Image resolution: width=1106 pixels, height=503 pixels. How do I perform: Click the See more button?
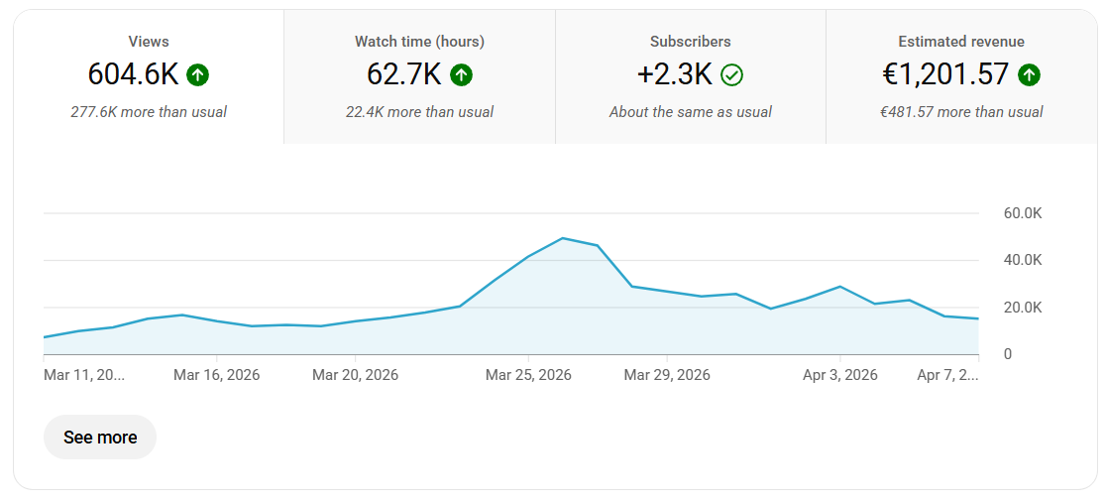(99, 438)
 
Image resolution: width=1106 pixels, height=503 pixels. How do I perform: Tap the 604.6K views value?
(134, 74)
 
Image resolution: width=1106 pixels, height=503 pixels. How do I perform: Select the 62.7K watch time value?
(404, 74)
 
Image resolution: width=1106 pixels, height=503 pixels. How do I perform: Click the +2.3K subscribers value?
(674, 74)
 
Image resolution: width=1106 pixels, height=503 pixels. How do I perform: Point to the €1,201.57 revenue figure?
(945, 74)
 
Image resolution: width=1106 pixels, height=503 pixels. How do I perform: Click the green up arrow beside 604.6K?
(197, 74)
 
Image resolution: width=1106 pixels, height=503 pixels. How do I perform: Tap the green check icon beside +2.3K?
(731, 74)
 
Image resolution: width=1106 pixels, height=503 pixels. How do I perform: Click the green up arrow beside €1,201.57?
(1029, 74)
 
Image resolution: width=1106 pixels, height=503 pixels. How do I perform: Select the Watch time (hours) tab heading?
(419, 42)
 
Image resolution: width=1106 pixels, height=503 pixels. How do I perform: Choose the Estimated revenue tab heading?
(961, 42)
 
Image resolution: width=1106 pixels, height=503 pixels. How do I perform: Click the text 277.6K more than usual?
(149, 112)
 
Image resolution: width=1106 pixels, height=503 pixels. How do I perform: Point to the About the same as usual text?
(691, 112)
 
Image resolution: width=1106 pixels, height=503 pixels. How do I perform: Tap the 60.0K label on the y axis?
(1023, 213)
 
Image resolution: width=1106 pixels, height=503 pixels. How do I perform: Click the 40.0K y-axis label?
(1023, 261)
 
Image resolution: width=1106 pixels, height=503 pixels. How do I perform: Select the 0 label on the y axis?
(1009, 354)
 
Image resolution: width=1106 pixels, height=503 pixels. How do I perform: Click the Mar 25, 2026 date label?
(528, 374)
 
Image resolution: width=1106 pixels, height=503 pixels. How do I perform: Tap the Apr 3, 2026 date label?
(840, 374)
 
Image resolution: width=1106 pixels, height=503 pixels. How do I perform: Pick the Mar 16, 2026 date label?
(217, 374)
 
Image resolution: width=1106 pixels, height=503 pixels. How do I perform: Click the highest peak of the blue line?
(563, 238)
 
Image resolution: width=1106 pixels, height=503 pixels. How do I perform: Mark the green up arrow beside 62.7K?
(461, 74)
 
